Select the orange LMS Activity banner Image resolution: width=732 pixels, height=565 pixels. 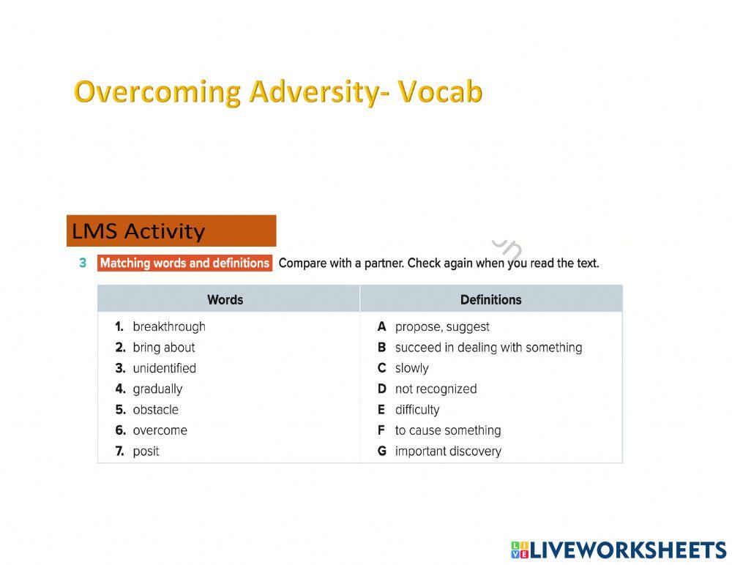click(x=171, y=231)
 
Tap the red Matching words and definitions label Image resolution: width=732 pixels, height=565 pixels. click(x=184, y=263)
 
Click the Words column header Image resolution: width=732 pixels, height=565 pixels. click(x=225, y=299)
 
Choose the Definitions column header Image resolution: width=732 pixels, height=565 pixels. click(x=490, y=299)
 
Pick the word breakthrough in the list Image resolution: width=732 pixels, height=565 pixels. click(x=169, y=327)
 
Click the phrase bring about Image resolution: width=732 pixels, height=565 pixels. click(x=164, y=348)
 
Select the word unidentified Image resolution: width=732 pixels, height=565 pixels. click(x=164, y=368)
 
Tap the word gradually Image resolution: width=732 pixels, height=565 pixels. click(x=157, y=389)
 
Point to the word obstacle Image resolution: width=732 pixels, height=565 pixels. click(x=155, y=410)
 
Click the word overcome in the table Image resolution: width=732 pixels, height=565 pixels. click(x=160, y=430)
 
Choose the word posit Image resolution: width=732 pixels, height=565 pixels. click(x=146, y=452)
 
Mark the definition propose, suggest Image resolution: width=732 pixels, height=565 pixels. click(x=442, y=327)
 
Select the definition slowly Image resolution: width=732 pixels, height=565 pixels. click(x=411, y=368)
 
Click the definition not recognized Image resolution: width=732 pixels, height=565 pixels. click(x=436, y=389)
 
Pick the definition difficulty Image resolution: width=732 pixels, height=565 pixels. click(x=417, y=410)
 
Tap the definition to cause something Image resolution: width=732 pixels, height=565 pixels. click(x=448, y=430)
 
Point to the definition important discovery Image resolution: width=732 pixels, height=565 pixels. click(x=448, y=452)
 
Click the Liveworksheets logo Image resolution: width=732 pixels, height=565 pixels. click(x=619, y=550)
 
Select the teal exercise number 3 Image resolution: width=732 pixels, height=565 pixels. click(x=83, y=263)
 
